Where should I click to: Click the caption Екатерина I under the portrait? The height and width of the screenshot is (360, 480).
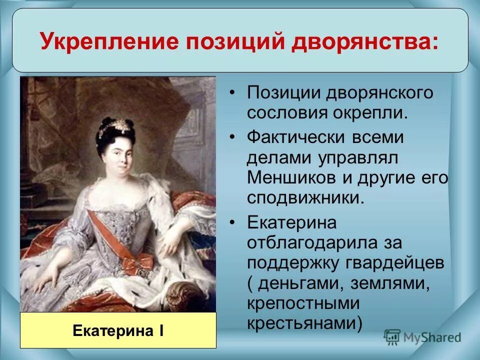(118, 330)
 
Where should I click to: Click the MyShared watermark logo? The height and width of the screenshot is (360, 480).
(422, 336)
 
